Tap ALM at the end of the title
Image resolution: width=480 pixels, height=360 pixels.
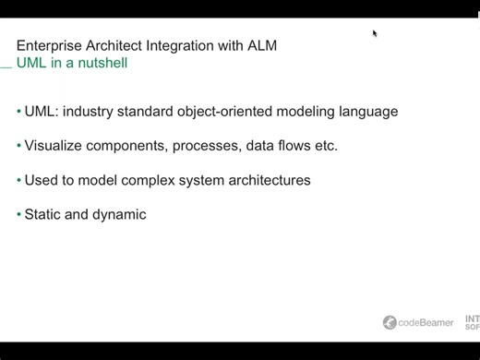point(261,45)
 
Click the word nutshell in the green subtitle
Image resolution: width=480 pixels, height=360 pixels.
point(102,64)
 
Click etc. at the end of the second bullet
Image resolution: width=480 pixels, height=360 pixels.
point(324,146)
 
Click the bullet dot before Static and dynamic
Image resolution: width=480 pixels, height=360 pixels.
point(18,214)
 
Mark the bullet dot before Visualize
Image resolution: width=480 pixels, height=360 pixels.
point(18,146)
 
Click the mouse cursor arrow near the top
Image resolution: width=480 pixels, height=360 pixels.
point(375,33)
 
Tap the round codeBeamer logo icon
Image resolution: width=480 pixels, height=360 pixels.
point(390,322)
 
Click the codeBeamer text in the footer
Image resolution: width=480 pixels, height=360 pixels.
point(426,322)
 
